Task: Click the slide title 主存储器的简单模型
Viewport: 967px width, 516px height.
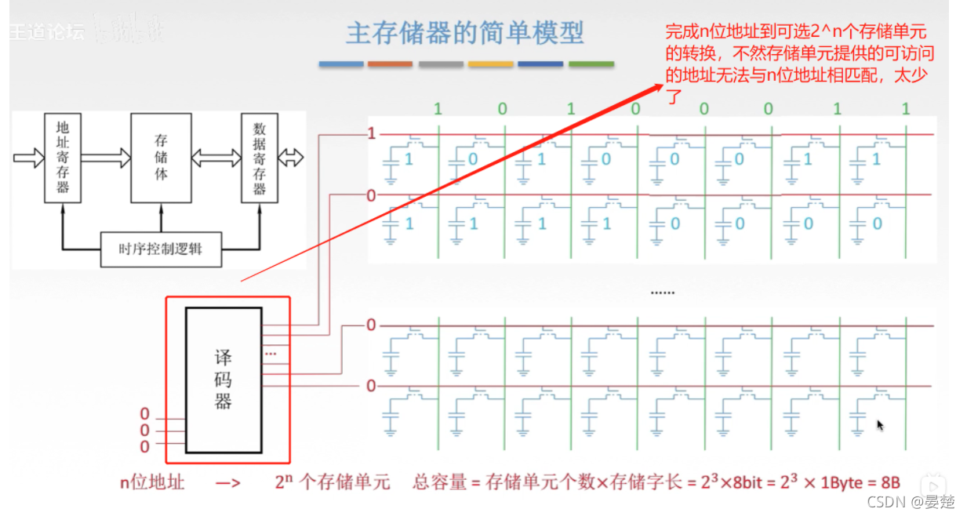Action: pyautogui.click(x=464, y=34)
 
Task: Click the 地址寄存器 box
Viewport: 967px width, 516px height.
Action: pyautogui.click(x=63, y=156)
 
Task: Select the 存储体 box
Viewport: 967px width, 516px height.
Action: pyautogui.click(x=160, y=156)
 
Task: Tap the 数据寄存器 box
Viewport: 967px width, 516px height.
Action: pyautogui.click(x=259, y=156)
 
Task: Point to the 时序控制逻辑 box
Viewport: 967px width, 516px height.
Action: pyautogui.click(x=162, y=250)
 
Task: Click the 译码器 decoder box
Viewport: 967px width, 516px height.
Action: pyautogui.click(x=224, y=380)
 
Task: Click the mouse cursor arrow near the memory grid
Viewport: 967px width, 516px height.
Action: pyautogui.click(x=880, y=425)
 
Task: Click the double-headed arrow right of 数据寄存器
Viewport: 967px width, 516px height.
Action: pyautogui.click(x=291, y=158)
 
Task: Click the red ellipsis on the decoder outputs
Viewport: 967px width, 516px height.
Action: pyautogui.click(x=271, y=353)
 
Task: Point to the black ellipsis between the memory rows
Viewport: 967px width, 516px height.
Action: pyautogui.click(x=663, y=293)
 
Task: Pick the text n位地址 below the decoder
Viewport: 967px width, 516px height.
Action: pyautogui.click(x=152, y=482)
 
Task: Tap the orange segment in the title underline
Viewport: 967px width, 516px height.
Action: pyautogui.click(x=390, y=64)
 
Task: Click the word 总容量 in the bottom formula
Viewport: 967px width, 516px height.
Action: pyautogui.click(x=438, y=482)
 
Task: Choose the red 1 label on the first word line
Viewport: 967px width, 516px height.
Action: pyautogui.click(x=372, y=134)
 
